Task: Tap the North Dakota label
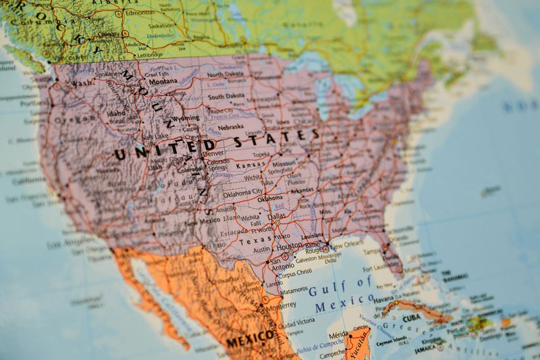pos(225,74)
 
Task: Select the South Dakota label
pos(226,97)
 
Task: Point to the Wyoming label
pos(186,118)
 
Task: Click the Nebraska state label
pos(231,126)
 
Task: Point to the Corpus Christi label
pos(295,275)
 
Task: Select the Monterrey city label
pos(281,305)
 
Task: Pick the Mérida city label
pos(338,335)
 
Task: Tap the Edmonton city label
pos(139,12)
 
